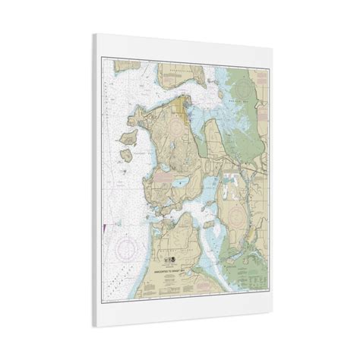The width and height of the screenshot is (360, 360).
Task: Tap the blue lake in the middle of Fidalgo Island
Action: pyautogui.click(x=180, y=182)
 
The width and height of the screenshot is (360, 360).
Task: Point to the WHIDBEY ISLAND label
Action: pyautogui.click(x=177, y=251)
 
